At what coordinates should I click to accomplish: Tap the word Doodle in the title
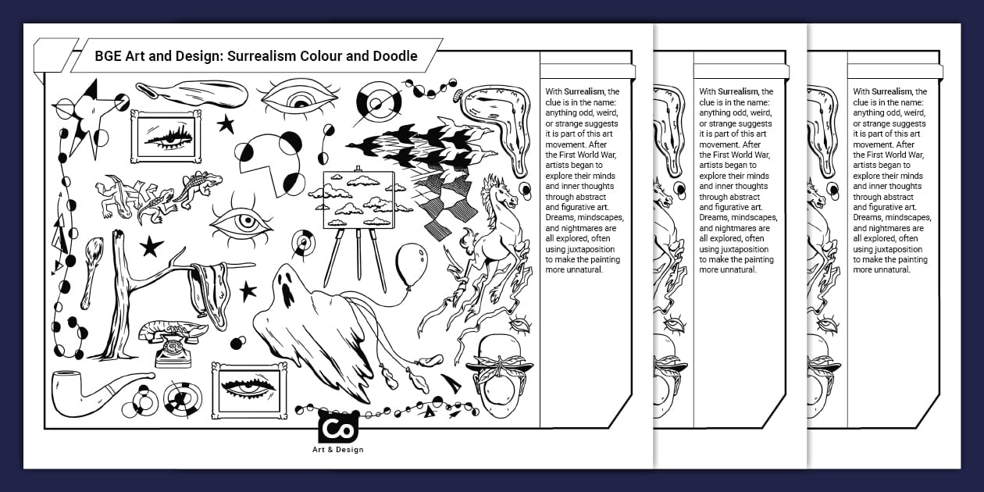[x=395, y=56]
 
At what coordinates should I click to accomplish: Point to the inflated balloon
[x=411, y=265]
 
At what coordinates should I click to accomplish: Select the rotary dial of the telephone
[x=172, y=348]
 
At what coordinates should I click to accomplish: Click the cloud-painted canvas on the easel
[x=358, y=200]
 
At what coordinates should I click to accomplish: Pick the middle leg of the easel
[x=358, y=254]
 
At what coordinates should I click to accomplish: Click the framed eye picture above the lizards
[x=166, y=136]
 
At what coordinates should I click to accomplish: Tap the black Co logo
[x=338, y=427]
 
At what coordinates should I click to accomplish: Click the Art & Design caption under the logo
[x=338, y=449]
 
